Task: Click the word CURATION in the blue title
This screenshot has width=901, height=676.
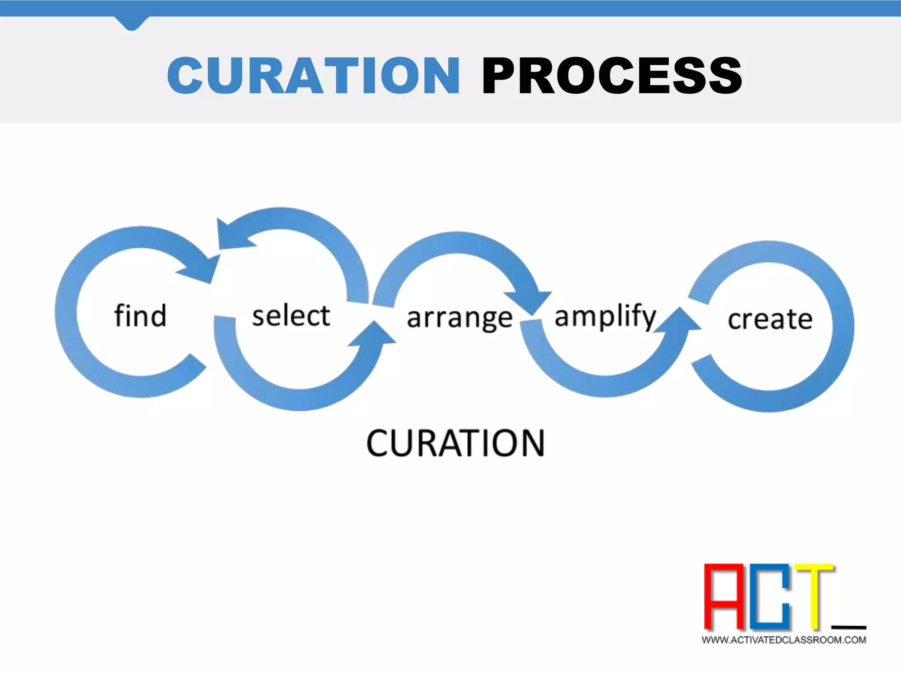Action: pyautogui.click(x=313, y=76)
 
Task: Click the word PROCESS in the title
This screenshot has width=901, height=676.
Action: pyautogui.click(x=612, y=76)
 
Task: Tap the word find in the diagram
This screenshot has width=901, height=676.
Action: pyautogui.click(x=140, y=316)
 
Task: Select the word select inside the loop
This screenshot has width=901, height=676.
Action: pyautogui.click(x=291, y=316)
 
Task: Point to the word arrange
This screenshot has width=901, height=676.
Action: pyautogui.click(x=459, y=318)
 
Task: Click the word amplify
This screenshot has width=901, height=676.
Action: pyautogui.click(x=605, y=316)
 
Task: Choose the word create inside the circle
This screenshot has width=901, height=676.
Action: pyautogui.click(x=770, y=319)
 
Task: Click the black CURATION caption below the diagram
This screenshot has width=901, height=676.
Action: pyautogui.click(x=455, y=443)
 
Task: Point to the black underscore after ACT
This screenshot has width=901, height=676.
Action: pyautogui.click(x=849, y=627)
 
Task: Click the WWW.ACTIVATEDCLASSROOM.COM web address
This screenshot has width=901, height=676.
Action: pyautogui.click(x=784, y=640)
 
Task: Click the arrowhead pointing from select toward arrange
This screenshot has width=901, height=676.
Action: pyautogui.click(x=374, y=334)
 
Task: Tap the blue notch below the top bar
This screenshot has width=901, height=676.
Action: pyautogui.click(x=131, y=23)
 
